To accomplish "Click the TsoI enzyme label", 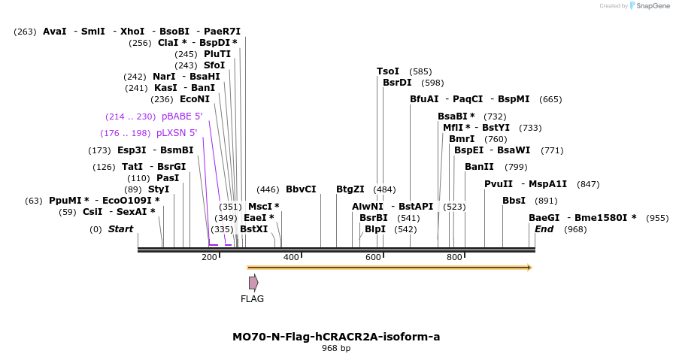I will (x=388, y=71).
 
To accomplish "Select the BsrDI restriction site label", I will (x=397, y=83).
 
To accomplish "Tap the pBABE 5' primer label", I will (x=182, y=116).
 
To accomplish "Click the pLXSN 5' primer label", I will (x=177, y=133).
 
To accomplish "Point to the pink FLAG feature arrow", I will (x=253, y=283).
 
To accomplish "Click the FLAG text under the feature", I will (x=252, y=299).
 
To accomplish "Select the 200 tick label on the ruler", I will (x=209, y=257).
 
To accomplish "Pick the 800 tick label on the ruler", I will (x=454, y=257).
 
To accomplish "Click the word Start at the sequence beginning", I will (x=120, y=228).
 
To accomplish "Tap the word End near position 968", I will (x=544, y=228).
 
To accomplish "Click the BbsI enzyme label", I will (x=514, y=201).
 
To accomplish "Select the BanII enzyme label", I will (x=479, y=167).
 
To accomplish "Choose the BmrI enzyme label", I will (x=462, y=139).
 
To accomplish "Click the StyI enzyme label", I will (x=159, y=189).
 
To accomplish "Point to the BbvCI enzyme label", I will (x=301, y=189).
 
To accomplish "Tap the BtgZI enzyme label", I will (x=350, y=189).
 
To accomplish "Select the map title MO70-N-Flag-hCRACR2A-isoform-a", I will (x=336, y=337).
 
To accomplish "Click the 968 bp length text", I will (x=336, y=349).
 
